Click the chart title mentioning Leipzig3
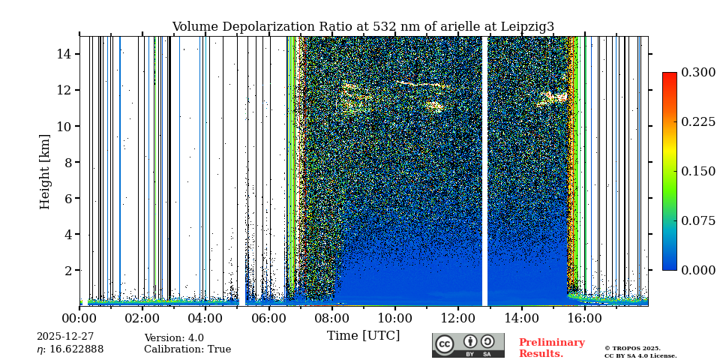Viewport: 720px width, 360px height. click(363, 27)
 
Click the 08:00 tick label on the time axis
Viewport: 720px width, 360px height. click(331, 319)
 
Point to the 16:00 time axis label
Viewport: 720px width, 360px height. click(584, 319)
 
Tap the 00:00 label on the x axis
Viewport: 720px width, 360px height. click(79, 319)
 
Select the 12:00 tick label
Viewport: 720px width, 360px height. click(458, 319)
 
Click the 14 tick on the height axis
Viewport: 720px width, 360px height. click(63, 54)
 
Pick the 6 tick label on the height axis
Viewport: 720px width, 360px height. click(67, 198)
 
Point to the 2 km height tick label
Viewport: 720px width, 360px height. click(67, 270)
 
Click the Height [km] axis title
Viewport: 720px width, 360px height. click(45, 171)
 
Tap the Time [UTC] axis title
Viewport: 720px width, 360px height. click(363, 336)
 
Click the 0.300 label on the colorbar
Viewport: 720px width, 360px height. click(697, 73)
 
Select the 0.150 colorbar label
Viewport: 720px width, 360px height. click(697, 171)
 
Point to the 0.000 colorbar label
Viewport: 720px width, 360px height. click(697, 270)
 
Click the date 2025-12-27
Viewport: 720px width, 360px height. click(65, 337)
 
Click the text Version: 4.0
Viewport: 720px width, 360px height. click(174, 338)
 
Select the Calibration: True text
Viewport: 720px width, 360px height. click(187, 349)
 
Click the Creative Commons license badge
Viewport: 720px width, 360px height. click(468, 345)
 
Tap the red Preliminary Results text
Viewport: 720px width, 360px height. click(551, 348)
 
